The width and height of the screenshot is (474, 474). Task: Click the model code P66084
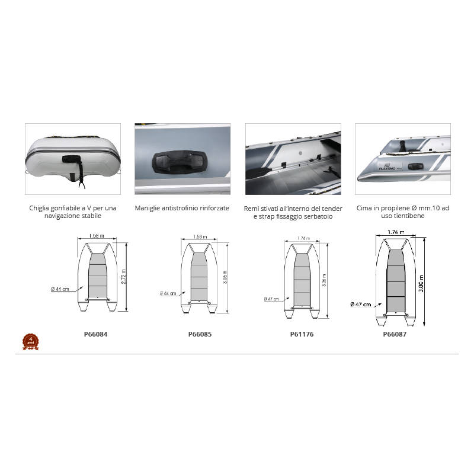click(x=96, y=334)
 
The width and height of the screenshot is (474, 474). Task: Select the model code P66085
click(x=200, y=334)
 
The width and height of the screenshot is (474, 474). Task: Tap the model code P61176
click(x=302, y=334)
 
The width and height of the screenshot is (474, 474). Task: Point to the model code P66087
click(x=395, y=334)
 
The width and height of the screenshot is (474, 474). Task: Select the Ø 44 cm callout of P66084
click(x=60, y=289)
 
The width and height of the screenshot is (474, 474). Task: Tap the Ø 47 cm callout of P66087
click(x=361, y=304)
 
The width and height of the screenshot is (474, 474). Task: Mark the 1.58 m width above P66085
click(x=200, y=237)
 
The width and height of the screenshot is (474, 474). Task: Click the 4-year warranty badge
click(x=30, y=341)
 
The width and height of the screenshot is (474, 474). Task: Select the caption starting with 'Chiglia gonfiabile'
click(x=73, y=212)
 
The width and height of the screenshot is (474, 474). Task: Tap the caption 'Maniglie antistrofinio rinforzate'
click(x=182, y=209)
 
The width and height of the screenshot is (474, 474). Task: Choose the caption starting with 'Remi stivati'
click(x=293, y=213)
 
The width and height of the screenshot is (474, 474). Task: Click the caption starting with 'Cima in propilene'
click(x=403, y=212)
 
